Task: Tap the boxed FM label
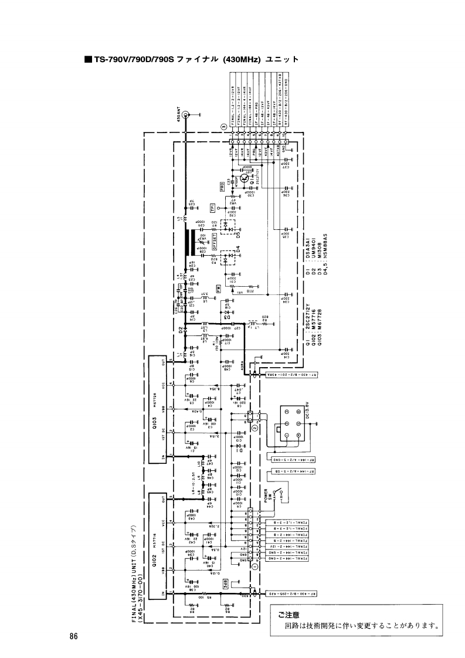[x=218, y=289]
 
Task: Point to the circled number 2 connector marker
[x=254, y=428]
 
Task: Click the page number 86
[x=73, y=637]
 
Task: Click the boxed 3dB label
[x=226, y=582]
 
